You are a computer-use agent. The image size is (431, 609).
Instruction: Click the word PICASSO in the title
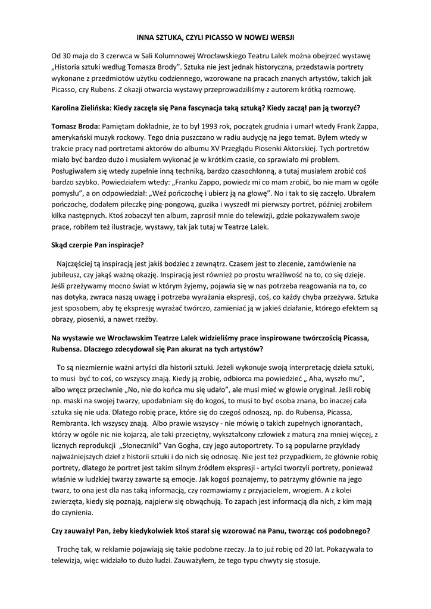tap(210, 37)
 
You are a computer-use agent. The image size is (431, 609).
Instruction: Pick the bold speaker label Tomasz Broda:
tap(76, 128)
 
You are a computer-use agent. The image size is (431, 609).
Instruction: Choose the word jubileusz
tap(68, 275)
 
